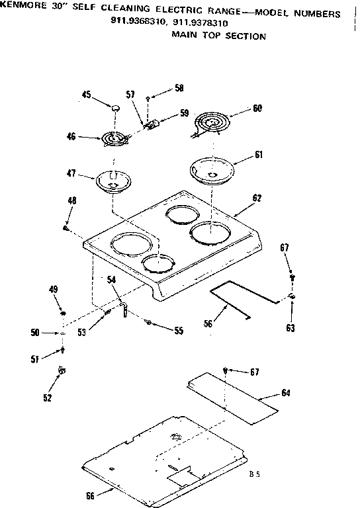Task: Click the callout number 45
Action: point(86,95)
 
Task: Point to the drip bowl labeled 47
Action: point(113,181)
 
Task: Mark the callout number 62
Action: point(257,198)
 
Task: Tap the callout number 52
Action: point(47,398)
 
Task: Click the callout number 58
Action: point(161,88)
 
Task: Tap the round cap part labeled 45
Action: point(116,108)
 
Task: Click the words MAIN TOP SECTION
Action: point(218,36)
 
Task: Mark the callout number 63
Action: point(291,327)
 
